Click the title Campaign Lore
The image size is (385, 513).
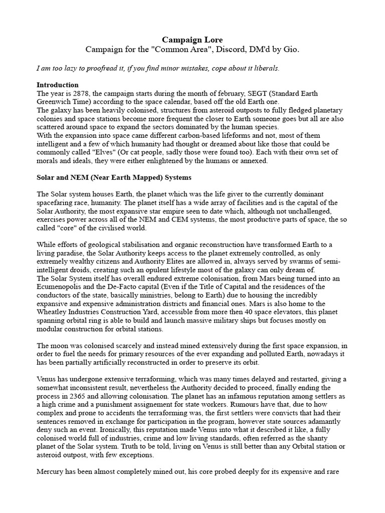pyautogui.click(x=192, y=39)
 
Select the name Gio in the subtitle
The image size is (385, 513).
pyautogui.click(x=291, y=50)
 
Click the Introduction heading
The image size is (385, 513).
pyautogui.click(x=58, y=85)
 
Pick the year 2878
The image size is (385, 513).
pyautogui.click(x=80, y=94)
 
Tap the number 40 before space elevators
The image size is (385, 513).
pyautogui.click(x=247, y=313)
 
